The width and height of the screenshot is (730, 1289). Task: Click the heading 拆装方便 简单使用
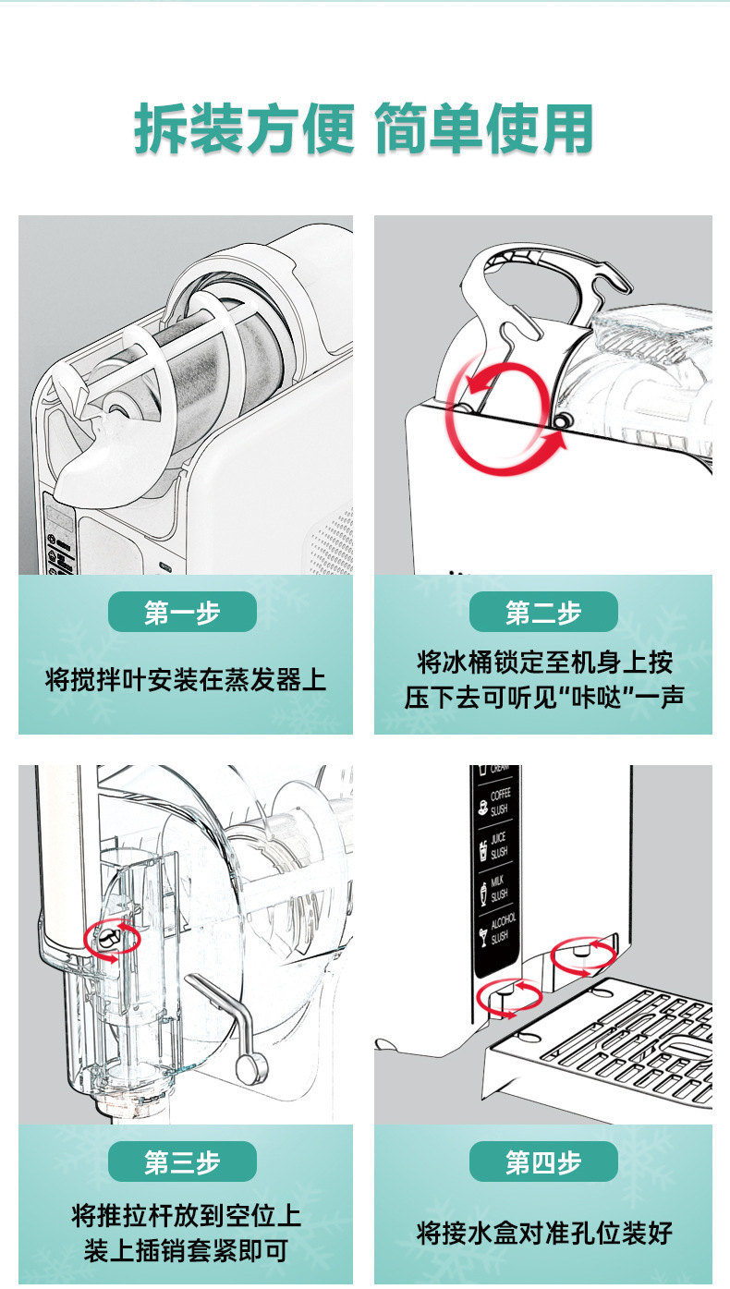click(364, 128)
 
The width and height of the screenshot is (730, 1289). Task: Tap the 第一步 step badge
click(182, 612)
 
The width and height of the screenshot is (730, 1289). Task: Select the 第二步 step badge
click(543, 612)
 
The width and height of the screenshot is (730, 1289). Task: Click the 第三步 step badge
click(182, 1161)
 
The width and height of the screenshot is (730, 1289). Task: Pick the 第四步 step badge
click(543, 1161)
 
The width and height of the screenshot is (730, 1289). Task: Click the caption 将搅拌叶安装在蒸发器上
click(186, 681)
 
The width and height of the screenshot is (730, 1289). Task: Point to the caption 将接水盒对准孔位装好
click(543, 1233)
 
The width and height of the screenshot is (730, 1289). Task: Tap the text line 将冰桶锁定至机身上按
click(543, 663)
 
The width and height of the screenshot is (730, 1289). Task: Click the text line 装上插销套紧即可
click(186, 1251)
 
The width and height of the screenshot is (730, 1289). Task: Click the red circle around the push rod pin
click(111, 939)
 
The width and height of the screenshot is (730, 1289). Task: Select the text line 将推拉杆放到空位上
click(186, 1216)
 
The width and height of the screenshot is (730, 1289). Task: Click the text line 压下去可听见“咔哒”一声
click(543, 698)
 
